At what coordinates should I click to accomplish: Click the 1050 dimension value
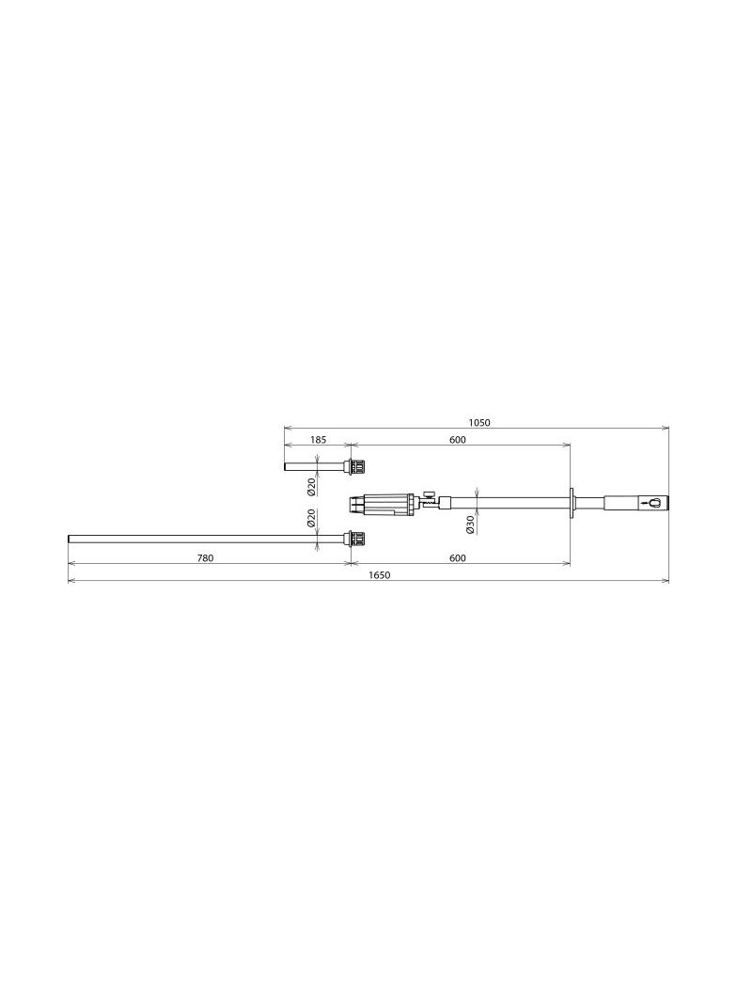point(478,422)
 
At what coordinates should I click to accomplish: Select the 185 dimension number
point(319,440)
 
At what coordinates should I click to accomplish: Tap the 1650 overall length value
point(380,575)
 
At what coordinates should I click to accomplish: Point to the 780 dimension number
point(205,558)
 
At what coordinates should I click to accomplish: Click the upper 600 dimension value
point(458,440)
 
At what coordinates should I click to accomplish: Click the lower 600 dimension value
point(458,558)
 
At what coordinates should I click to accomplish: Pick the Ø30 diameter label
point(470,524)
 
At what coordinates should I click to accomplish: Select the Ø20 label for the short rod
point(311,487)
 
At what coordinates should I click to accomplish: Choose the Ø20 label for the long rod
point(311,518)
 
